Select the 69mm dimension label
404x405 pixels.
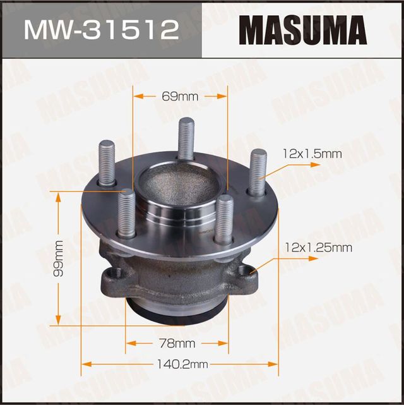180,96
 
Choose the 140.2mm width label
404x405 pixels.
180,365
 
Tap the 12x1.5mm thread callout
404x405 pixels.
312,154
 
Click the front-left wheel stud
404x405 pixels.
127,212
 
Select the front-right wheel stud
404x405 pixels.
223,219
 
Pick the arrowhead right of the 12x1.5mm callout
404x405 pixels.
316,164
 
